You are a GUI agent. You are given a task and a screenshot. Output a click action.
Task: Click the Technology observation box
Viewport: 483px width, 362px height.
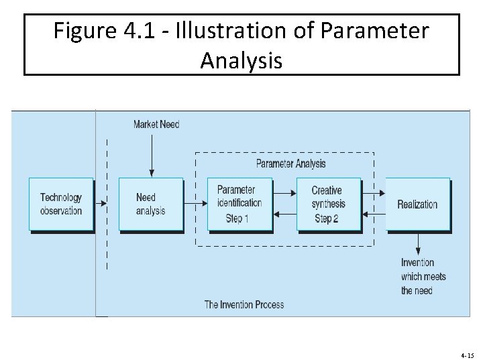click(x=61, y=204)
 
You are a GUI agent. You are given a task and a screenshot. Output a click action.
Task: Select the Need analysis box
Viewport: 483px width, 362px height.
click(x=150, y=204)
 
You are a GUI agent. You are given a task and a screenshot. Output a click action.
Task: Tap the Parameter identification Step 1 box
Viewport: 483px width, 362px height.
click(x=239, y=204)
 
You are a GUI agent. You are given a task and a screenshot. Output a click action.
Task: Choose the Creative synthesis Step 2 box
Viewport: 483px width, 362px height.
click(x=328, y=204)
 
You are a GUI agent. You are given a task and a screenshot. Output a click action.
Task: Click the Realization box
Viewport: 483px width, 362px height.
click(x=417, y=204)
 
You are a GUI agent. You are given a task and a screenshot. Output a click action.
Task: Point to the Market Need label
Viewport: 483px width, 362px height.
click(x=156, y=124)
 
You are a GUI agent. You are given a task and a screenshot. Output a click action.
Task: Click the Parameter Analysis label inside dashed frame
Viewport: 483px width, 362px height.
click(x=290, y=164)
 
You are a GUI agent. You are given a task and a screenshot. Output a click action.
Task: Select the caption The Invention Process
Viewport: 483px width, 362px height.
click(x=244, y=305)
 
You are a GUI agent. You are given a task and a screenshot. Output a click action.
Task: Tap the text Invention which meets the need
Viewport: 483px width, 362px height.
click(x=423, y=276)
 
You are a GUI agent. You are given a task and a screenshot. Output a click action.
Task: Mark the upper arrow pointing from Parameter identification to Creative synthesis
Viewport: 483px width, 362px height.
click(x=284, y=193)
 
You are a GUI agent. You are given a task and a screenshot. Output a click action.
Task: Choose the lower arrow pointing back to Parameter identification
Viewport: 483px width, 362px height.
click(x=284, y=215)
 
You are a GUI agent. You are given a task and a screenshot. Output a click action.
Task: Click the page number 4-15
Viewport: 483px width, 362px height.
click(x=468, y=355)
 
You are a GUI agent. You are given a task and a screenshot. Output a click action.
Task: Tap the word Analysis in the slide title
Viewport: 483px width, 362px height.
click(x=241, y=62)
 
